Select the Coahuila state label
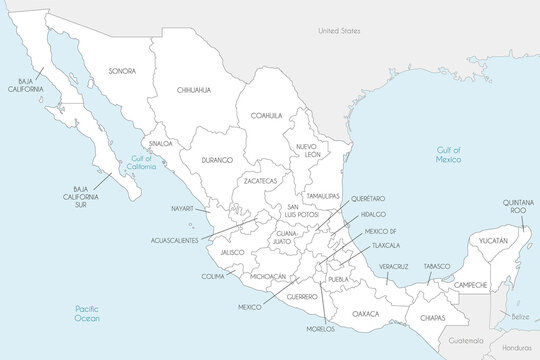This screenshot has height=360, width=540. [267, 115]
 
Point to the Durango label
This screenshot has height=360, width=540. [216, 160]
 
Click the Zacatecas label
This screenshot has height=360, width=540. [256, 182]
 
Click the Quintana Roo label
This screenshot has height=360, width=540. [517, 206]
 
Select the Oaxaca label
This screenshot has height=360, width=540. [366, 313]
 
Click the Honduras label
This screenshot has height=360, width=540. [518, 347]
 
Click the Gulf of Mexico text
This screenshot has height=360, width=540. [447, 154]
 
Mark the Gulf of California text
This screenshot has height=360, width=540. [137, 163]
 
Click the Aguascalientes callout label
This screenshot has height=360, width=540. [181, 241]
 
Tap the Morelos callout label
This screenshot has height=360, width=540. [322, 329]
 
